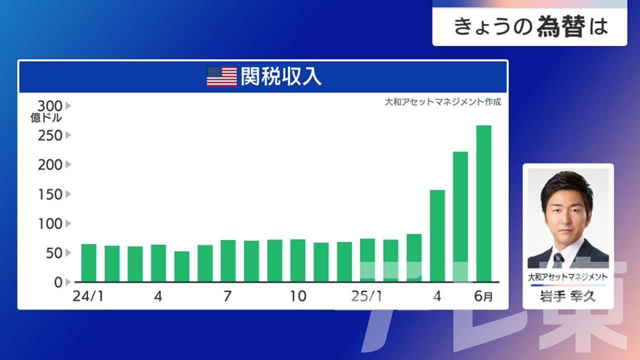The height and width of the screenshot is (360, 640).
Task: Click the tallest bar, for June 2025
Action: [483, 203]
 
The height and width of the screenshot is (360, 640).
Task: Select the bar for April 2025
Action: [437, 236]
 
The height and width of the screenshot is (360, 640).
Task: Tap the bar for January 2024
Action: [89, 263]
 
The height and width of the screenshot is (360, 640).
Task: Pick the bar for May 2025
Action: [460, 217]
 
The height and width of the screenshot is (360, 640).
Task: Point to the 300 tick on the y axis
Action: [50, 106]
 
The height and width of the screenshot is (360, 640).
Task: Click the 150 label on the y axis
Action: [50, 194]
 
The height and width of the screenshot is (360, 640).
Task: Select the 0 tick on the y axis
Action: [58, 282]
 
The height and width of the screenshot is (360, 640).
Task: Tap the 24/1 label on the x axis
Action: [88, 296]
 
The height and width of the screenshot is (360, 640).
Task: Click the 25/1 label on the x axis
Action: [366, 296]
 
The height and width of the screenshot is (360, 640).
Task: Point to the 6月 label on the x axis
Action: [483, 296]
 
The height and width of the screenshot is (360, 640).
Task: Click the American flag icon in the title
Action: [221, 76]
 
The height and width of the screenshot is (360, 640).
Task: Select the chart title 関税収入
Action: [281, 76]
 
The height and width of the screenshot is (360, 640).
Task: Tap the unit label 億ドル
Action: [46, 117]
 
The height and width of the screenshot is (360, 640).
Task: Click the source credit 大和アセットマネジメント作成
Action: [443, 101]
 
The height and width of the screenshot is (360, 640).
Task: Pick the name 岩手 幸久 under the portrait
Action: [567, 296]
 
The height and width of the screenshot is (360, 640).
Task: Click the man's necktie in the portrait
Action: [558, 260]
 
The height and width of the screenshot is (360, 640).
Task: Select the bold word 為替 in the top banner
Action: [561, 26]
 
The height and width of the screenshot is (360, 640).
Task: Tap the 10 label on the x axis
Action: [298, 296]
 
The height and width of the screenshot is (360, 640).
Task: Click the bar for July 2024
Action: [228, 261]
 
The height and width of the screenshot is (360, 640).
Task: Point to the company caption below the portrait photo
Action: [567, 277]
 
